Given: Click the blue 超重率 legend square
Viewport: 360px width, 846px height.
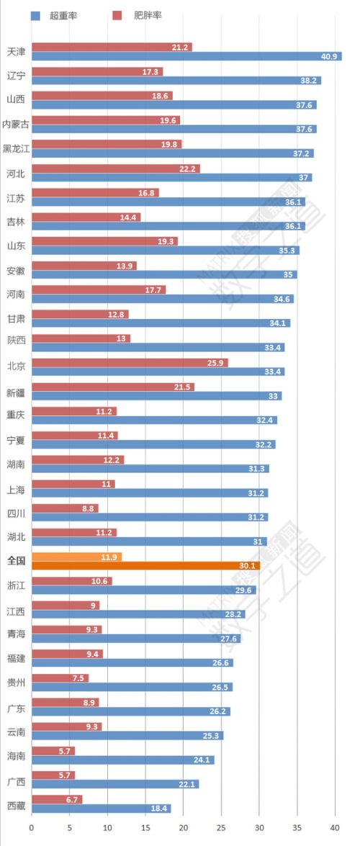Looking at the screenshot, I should pyautogui.click(x=35, y=15).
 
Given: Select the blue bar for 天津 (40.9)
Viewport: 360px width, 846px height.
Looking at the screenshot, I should pyautogui.click(x=186, y=56).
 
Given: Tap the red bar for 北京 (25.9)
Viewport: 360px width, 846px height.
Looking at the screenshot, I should pyautogui.click(x=130, y=363).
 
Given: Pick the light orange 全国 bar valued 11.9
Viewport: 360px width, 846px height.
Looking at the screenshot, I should pyautogui.click(x=76, y=557).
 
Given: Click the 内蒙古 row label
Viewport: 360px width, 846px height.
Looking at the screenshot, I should pyautogui.click(x=16, y=125).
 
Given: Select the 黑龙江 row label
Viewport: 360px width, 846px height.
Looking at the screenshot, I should pyautogui.click(x=16, y=149).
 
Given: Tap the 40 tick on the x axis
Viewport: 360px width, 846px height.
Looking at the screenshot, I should pyautogui.click(x=335, y=828).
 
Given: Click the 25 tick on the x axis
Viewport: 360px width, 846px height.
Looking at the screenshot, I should pyautogui.click(x=221, y=828).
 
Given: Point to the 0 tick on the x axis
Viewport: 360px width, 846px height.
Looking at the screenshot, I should pyautogui.click(x=32, y=828).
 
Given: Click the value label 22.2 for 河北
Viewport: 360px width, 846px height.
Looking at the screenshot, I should pyautogui.click(x=189, y=168).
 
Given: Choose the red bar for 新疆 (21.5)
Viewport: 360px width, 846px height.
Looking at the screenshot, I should pyautogui.click(x=113, y=387).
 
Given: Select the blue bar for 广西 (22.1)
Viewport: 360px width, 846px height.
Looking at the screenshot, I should pyautogui.click(x=115, y=784).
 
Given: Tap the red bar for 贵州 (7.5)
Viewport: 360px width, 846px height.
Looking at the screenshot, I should pyautogui.click(x=60, y=678).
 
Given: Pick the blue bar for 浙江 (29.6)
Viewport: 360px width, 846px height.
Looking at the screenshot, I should pyautogui.click(x=143, y=590).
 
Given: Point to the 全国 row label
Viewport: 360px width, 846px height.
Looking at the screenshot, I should pyautogui.click(x=16, y=560).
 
